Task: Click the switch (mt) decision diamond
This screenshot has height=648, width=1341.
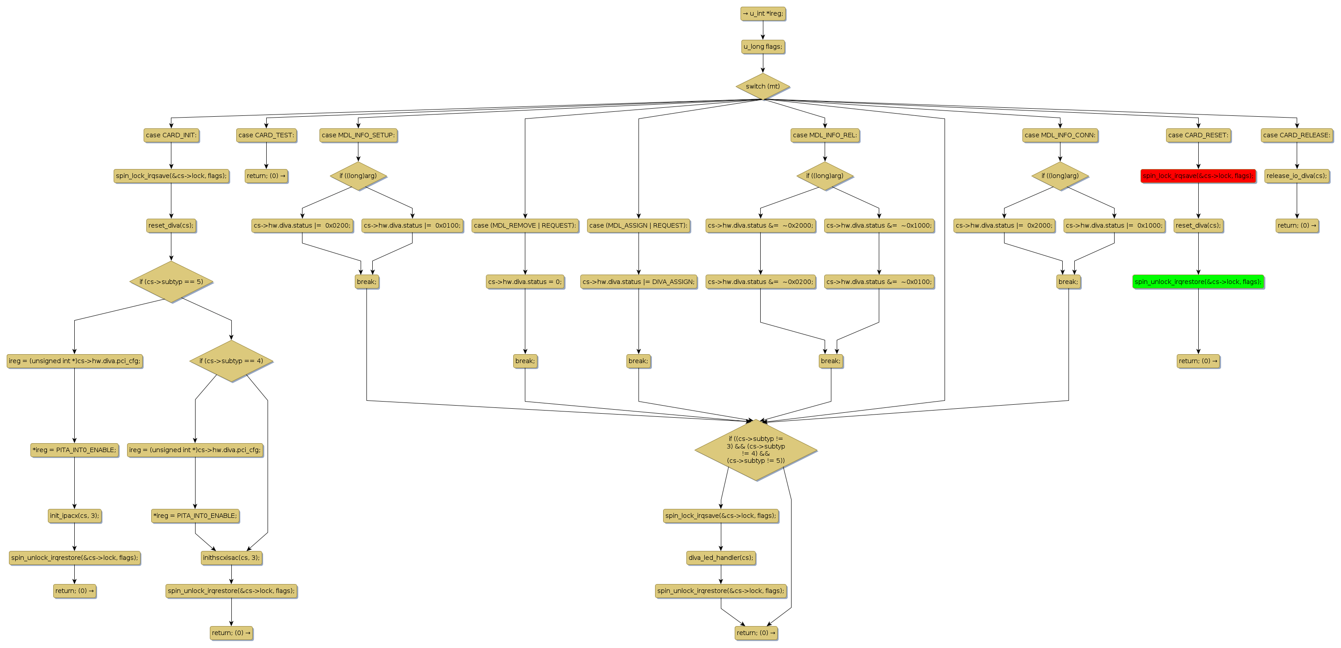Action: pos(762,86)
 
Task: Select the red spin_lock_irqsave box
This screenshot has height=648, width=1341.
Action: pos(1198,176)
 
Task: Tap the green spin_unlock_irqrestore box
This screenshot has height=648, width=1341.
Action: pos(1198,282)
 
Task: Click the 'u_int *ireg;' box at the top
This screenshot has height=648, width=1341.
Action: pos(762,13)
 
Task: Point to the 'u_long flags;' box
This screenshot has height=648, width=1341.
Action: pos(762,47)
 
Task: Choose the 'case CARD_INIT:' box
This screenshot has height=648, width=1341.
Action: pos(171,136)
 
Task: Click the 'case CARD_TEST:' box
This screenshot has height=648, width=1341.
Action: pos(266,136)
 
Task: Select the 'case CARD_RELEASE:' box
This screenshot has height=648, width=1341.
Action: pos(1296,136)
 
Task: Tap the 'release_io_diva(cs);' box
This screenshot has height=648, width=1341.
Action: pos(1296,176)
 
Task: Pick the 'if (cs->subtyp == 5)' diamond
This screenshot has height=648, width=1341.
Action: pos(171,282)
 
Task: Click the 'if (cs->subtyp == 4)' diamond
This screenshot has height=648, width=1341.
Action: pos(231,361)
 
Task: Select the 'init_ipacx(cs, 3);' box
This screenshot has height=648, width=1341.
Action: pos(74,516)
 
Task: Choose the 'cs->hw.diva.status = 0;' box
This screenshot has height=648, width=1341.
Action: pos(525,282)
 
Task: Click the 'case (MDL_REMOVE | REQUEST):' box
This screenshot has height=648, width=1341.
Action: pos(525,226)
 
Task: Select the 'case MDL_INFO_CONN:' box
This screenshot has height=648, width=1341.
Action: pos(1060,136)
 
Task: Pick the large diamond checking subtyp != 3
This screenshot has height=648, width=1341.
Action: pos(755,450)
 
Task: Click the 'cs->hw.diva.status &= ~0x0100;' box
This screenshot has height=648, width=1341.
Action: pos(879,282)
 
